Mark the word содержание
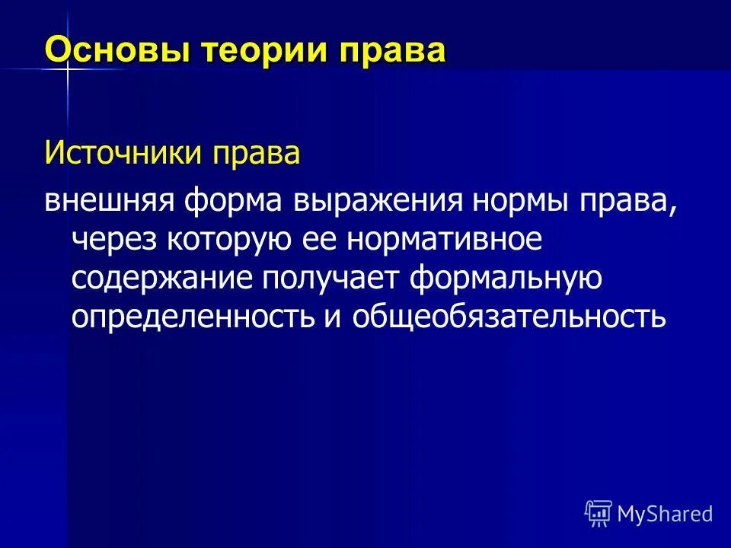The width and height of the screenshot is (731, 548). click(x=162, y=279)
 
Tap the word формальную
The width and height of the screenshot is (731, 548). click(x=507, y=279)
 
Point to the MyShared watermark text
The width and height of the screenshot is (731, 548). click(x=665, y=514)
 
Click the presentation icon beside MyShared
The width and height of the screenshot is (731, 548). click(x=599, y=514)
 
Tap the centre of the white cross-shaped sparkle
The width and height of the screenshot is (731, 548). click(x=66, y=69)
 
